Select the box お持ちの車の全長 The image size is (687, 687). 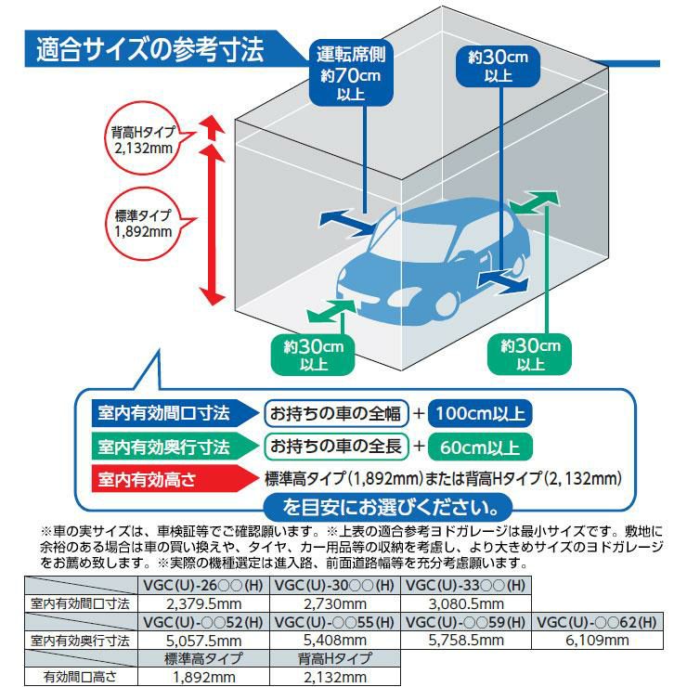pos(336,447)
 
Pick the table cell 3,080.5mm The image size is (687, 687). pos(464,603)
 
